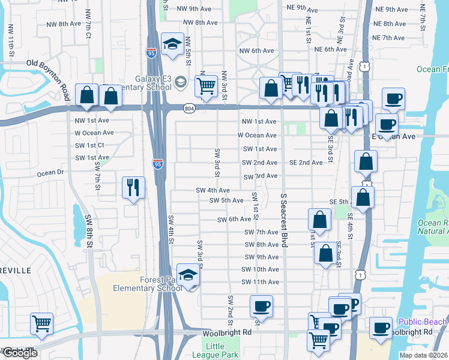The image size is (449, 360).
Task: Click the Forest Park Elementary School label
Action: coord(148,284)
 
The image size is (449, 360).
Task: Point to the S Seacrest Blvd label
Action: coord(282,221)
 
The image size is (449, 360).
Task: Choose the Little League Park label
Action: coord(215,350)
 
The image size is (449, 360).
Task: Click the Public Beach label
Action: coord(423,322)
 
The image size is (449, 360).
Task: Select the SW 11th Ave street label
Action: coord(261,282)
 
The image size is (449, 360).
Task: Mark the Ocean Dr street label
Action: coord(50,173)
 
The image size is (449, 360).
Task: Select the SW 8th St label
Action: coord(89,229)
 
